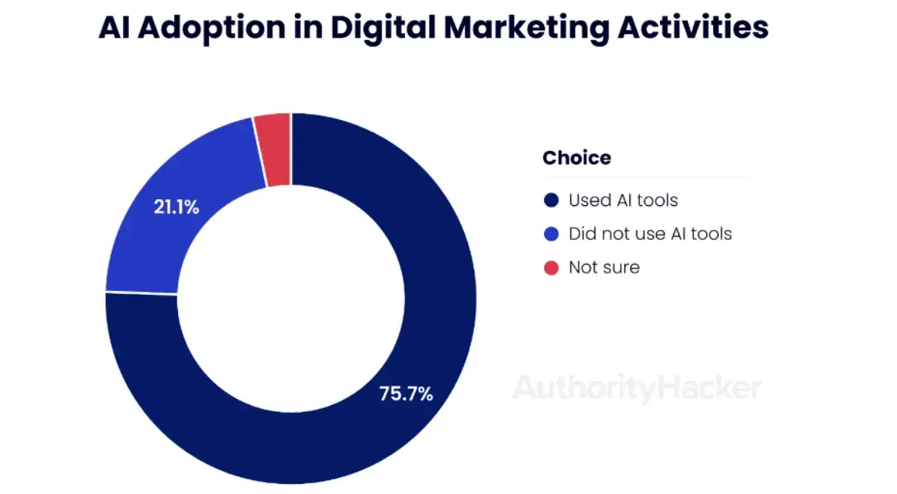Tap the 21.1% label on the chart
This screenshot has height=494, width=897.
pyautogui.click(x=177, y=207)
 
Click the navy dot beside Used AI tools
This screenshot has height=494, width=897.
pyautogui.click(x=551, y=201)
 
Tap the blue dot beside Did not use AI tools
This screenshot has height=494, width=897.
pyautogui.click(x=551, y=234)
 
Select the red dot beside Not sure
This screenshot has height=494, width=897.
pyautogui.click(x=551, y=267)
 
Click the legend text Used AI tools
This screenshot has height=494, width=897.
pyautogui.click(x=623, y=201)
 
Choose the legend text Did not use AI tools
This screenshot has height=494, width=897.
pyautogui.click(x=650, y=234)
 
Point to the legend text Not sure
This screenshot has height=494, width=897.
pyautogui.click(x=604, y=267)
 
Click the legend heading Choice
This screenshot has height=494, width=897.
pyautogui.click(x=576, y=158)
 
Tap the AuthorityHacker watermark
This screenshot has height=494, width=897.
pyautogui.click(x=637, y=388)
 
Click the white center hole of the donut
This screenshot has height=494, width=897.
pyautogui.click(x=291, y=298)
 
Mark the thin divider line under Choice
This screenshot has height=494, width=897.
pyautogui.click(x=645, y=178)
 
